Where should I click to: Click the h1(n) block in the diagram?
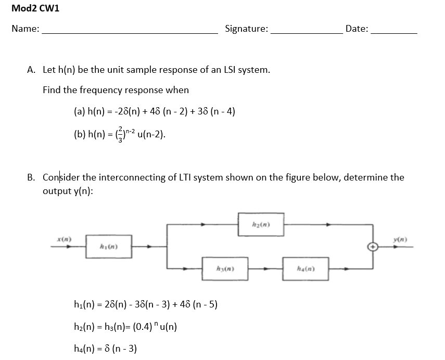click(x=109, y=247)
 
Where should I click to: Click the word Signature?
click(x=246, y=29)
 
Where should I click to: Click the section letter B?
click(x=30, y=177)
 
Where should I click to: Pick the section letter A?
click(x=31, y=70)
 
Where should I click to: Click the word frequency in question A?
click(x=99, y=90)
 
